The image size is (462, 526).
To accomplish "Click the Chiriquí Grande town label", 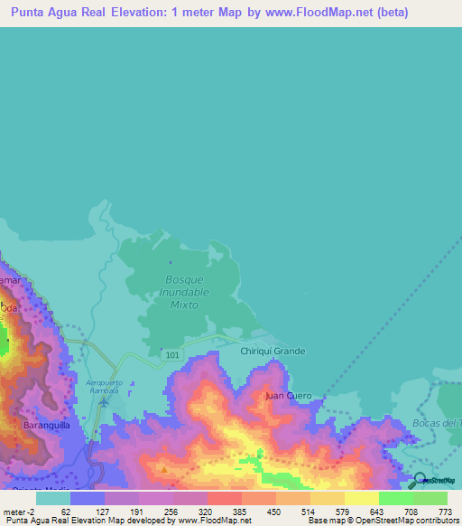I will (x=273, y=351).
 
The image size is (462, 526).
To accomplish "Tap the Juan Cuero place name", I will (x=288, y=396).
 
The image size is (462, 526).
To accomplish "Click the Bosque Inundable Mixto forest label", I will (x=186, y=292).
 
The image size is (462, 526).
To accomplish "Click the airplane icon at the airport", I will (x=105, y=401).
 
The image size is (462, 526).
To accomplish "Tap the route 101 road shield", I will (x=172, y=355).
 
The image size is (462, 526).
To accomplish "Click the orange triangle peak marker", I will (x=164, y=469).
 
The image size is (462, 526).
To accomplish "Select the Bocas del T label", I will (x=442, y=423).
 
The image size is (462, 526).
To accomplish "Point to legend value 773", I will (x=443, y=512).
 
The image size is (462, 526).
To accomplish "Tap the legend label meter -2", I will (x=18, y=512).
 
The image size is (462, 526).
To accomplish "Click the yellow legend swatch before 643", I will (x=361, y=498).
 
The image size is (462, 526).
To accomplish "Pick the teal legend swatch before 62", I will (x=53, y=498).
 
